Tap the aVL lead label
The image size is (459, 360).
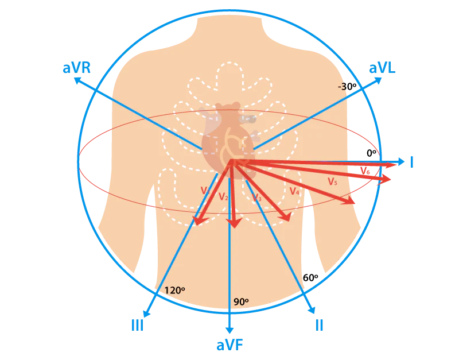[x=382, y=68]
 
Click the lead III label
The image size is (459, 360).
[x=137, y=326]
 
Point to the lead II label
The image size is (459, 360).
[x=320, y=325]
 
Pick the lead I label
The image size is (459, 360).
[x=412, y=162]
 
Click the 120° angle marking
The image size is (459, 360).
[x=174, y=291]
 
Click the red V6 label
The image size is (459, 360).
[x=365, y=171]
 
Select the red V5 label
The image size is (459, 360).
[x=332, y=181]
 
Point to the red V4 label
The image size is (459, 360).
[x=294, y=191]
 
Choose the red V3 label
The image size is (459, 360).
[x=257, y=198]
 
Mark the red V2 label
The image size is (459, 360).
[x=224, y=197]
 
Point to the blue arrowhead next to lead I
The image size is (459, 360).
[x=400, y=161]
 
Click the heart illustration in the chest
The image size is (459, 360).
[x=228, y=138]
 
